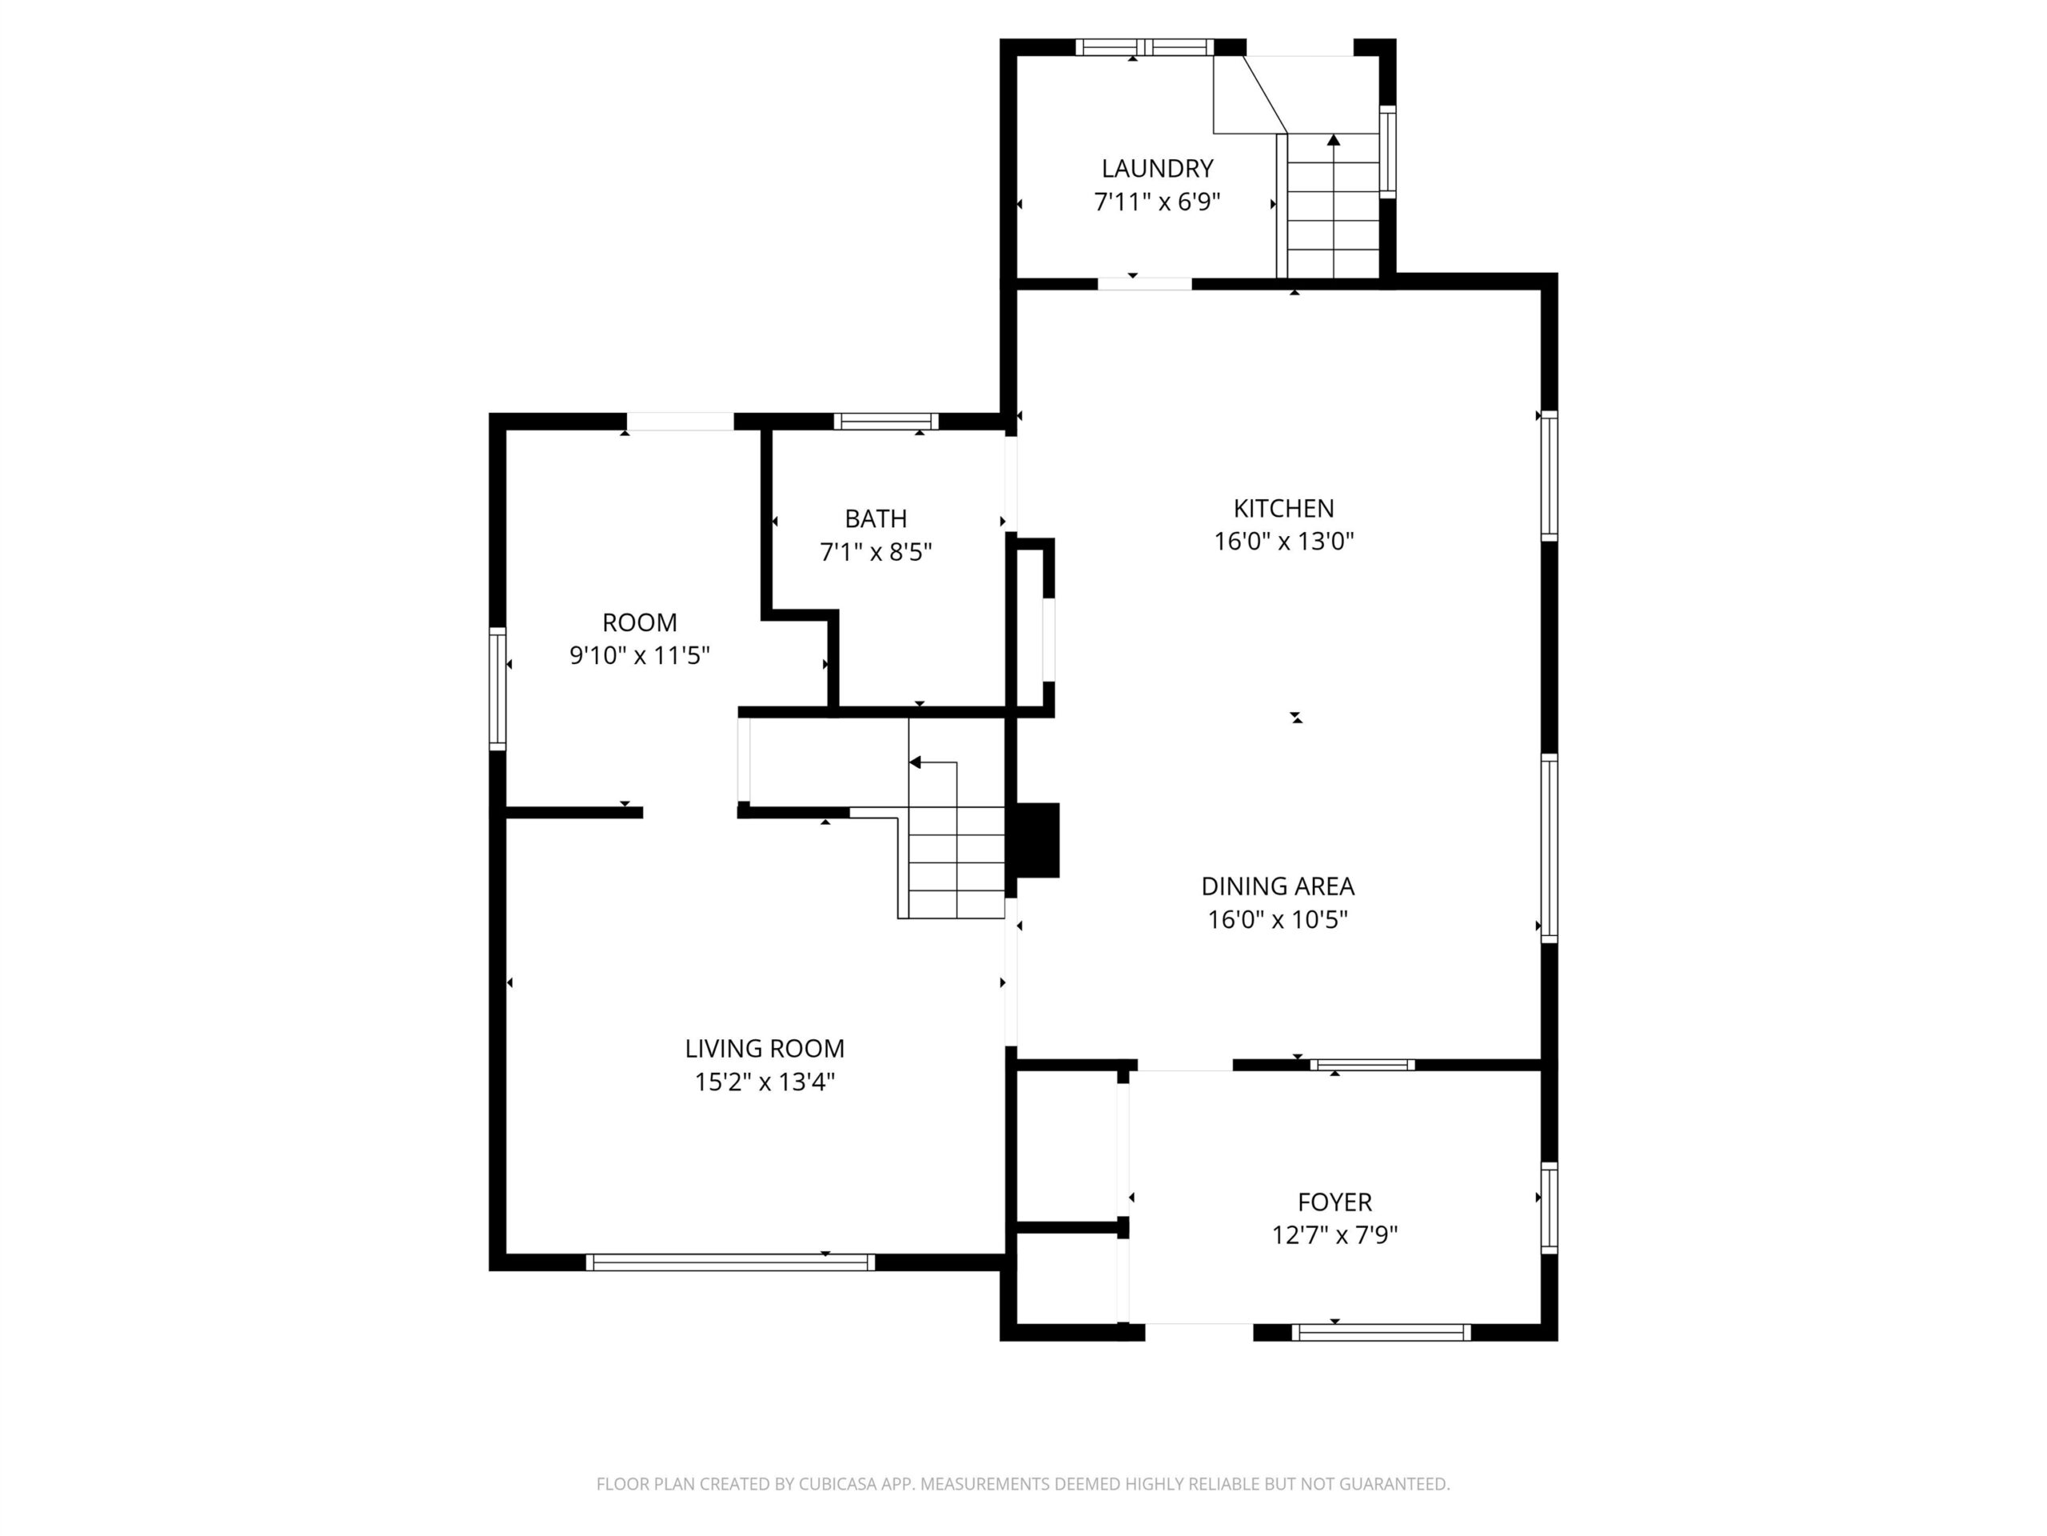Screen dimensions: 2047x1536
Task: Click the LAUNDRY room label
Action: coord(1157,169)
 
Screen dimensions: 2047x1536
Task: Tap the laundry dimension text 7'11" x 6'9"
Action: coord(1157,202)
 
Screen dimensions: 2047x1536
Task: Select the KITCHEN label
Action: coord(1283,508)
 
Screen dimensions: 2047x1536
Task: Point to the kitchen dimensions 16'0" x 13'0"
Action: coord(1283,542)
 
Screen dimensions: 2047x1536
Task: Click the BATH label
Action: coord(876,518)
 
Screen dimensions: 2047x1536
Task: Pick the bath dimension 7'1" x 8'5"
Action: coord(876,553)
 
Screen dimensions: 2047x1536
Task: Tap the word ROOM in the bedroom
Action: coord(640,622)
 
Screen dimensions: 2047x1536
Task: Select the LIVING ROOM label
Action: coord(764,1049)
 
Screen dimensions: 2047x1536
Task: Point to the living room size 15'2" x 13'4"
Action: coord(764,1082)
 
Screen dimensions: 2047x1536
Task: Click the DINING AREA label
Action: coord(1277,886)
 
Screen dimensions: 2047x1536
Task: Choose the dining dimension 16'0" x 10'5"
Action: coord(1277,920)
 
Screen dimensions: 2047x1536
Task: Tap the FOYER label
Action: coord(1335,1202)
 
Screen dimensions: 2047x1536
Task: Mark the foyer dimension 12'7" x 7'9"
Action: coord(1335,1235)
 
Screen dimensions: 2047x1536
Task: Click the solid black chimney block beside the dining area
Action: coord(1037,840)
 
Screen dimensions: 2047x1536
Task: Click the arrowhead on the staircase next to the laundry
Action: coord(1334,140)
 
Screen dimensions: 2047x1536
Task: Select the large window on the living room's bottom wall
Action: coord(730,1262)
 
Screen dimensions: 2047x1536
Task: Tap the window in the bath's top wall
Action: coord(886,422)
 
